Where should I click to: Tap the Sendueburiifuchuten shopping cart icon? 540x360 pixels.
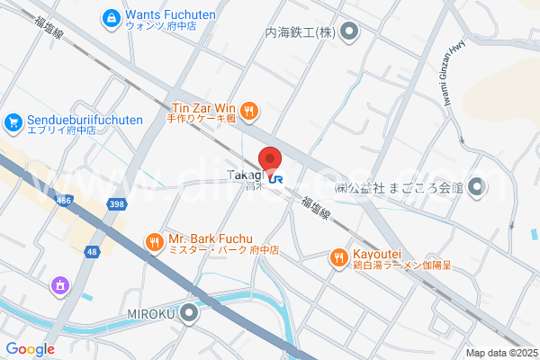pos(13,121)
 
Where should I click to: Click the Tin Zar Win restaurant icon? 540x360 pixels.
pos(249,112)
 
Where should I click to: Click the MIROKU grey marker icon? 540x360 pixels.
pos(189,314)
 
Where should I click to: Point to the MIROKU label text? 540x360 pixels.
pos(146,314)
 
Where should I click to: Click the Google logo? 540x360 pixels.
pos(30,348)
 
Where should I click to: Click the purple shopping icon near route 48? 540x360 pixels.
pos(60,285)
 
